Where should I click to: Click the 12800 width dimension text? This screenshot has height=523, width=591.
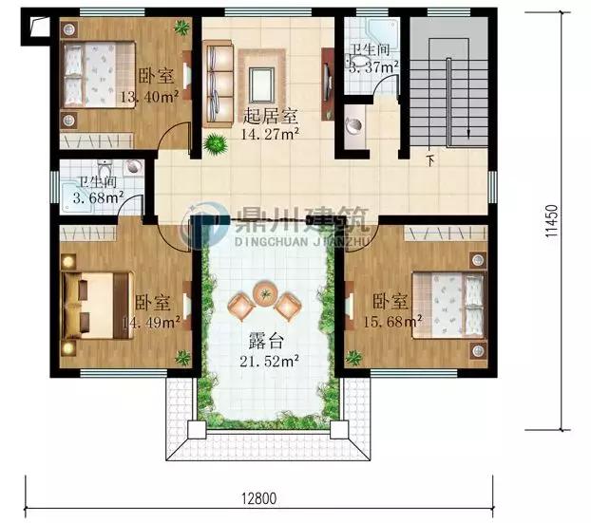tap(259, 498)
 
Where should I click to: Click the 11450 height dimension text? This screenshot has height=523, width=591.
tap(551, 220)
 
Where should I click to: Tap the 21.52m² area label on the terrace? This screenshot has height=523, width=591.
tap(270, 362)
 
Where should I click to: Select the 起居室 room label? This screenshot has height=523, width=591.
tap(270, 116)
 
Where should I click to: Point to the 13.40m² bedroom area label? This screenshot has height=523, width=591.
tap(149, 97)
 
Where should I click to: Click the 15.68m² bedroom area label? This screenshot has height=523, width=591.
tap(392, 322)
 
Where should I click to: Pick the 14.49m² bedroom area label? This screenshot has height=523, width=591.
tap(151, 323)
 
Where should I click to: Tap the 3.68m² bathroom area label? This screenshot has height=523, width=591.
tap(99, 197)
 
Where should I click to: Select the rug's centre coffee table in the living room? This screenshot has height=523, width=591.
tap(261, 85)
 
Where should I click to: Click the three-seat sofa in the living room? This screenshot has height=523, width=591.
tap(219, 84)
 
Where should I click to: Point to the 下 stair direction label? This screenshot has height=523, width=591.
tap(430, 160)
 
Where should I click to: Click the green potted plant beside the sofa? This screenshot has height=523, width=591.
tap(216, 144)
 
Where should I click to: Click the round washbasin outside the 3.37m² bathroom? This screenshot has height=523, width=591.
tap(353, 125)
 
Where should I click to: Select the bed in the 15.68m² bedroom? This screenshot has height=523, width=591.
tap(448, 305)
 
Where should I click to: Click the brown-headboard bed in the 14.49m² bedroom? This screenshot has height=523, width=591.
tap(97, 306)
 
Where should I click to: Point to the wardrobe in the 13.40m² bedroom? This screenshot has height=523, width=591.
tap(97, 140)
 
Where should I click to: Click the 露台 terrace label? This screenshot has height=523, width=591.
tap(266, 341)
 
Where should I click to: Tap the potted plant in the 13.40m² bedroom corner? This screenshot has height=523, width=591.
tap(181, 28)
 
